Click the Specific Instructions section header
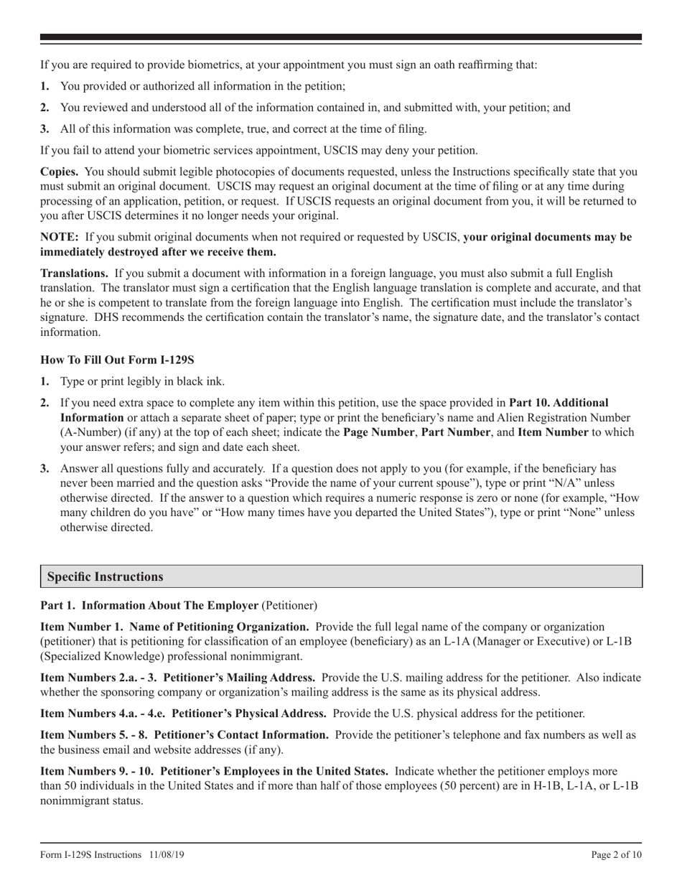(105, 576)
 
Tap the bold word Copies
(60, 172)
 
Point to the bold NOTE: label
(60, 237)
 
